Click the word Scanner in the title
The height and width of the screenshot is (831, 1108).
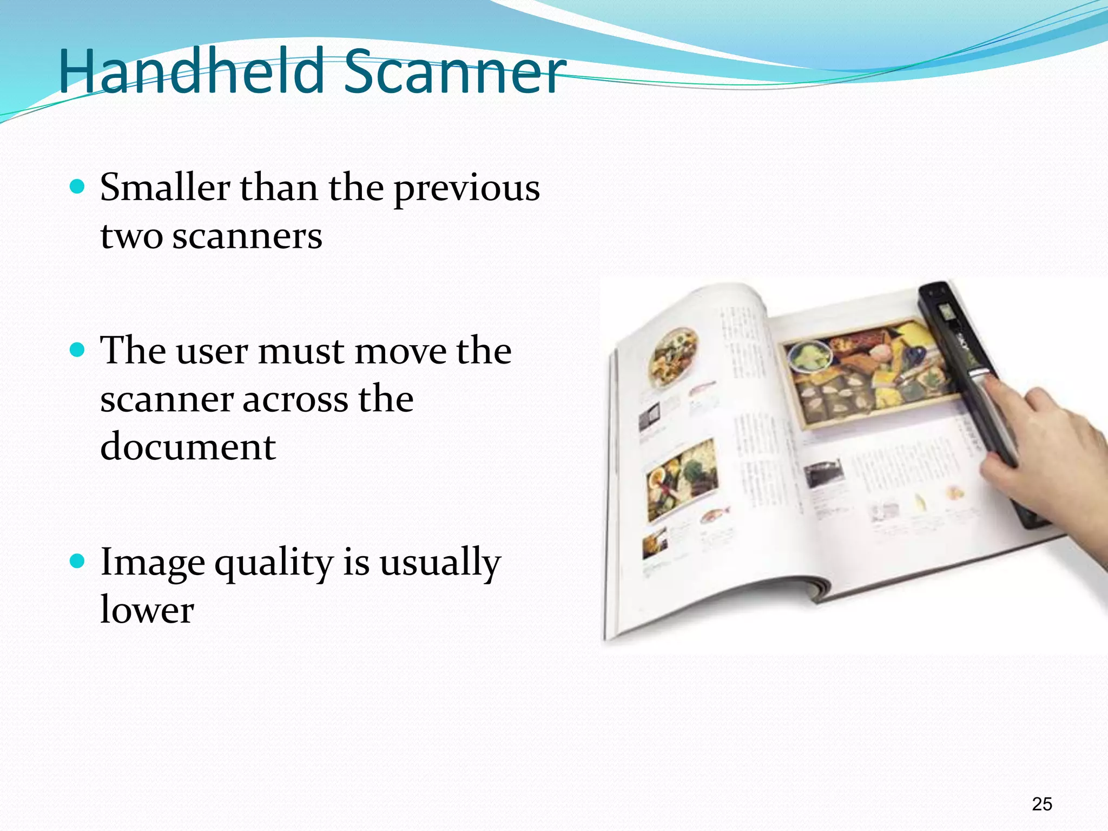point(454,71)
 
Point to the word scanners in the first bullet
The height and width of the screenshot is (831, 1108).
point(247,237)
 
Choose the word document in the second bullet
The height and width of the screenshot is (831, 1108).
point(188,447)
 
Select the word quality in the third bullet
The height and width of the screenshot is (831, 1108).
point(274,564)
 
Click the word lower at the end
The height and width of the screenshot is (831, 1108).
point(147,610)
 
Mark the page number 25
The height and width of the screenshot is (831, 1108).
point(1041,804)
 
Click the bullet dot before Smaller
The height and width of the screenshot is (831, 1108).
point(78,187)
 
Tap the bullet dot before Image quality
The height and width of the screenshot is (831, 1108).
point(78,561)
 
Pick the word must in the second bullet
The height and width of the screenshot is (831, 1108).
point(301,352)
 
